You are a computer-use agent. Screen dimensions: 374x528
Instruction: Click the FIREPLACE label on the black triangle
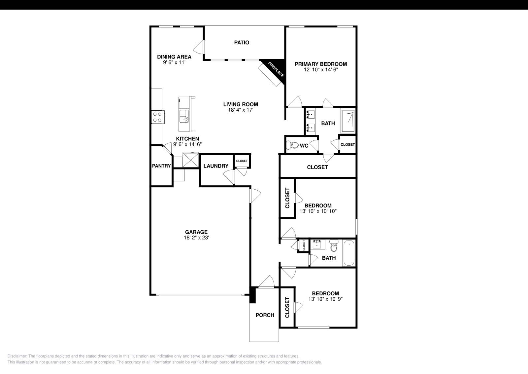pyautogui.click(x=276, y=70)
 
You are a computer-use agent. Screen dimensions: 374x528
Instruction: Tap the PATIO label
pyautogui.click(x=242, y=43)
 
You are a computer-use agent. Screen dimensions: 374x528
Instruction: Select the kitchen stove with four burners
pyautogui.click(x=158, y=117)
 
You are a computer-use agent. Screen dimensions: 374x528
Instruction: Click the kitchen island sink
pyautogui.click(x=184, y=116)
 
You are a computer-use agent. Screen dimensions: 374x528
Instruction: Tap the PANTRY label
pyautogui.click(x=161, y=166)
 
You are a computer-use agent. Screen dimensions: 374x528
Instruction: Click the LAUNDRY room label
pyautogui.click(x=216, y=166)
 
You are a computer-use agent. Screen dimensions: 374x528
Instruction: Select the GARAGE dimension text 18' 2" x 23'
pyautogui.click(x=196, y=238)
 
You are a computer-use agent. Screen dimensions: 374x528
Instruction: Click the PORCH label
pyautogui.click(x=265, y=315)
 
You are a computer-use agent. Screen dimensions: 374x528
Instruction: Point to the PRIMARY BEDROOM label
pyautogui.click(x=321, y=64)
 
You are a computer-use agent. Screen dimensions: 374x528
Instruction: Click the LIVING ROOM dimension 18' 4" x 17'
pyautogui.click(x=240, y=110)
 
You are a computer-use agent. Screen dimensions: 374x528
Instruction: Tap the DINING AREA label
pyautogui.click(x=174, y=57)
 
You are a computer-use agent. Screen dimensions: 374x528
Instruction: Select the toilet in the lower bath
pyautogui.click(x=334, y=246)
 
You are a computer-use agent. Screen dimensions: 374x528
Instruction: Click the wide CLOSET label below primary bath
pyautogui.click(x=317, y=167)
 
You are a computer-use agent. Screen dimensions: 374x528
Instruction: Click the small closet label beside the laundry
pyautogui.click(x=242, y=161)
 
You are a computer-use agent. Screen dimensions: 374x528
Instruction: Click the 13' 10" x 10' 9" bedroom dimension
pyautogui.click(x=325, y=299)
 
